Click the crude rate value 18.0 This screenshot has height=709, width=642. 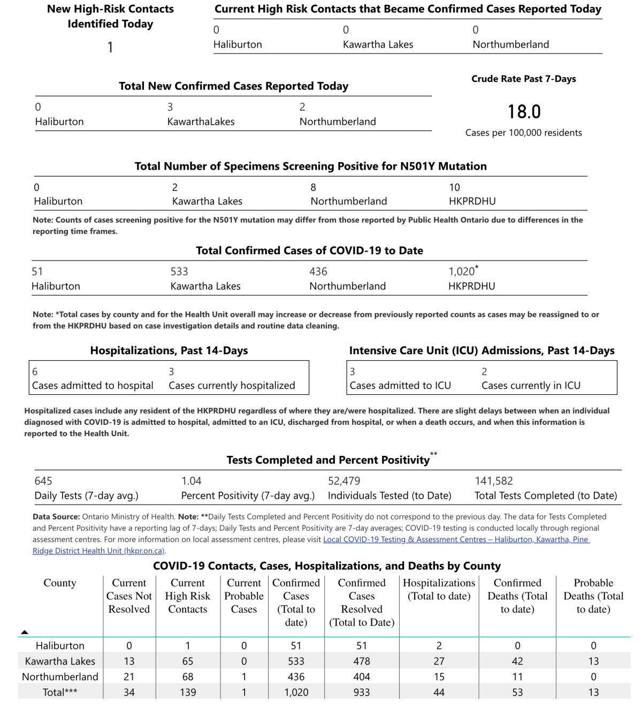(x=524, y=112)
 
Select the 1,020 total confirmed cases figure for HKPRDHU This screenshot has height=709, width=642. (x=462, y=272)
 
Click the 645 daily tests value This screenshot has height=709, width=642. (x=43, y=481)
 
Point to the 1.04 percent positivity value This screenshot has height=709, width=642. (x=191, y=481)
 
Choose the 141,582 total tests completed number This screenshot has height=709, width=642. (x=493, y=481)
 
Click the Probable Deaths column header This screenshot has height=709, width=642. (x=593, y=596)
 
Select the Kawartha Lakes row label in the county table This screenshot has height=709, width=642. (x=60, y=661)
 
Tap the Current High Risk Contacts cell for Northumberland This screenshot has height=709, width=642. (x=187, y=677)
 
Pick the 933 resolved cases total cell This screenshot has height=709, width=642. (x=361, y=692)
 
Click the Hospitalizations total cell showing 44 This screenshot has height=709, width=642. (x=439, y=692)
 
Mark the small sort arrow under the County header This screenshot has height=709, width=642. (x=25, y=632)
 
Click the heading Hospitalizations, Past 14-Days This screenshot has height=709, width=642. (x=169, y=350)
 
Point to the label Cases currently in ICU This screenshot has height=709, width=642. (x=531, y=385)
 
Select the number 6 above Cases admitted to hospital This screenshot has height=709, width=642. (x=35, y=371)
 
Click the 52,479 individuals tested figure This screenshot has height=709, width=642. (x=344, y=481)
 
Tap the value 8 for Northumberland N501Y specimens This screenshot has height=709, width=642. (x=313, y=187)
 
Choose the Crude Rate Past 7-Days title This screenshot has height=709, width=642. (x=523, y=79)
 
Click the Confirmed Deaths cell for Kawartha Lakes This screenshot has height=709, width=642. (x=517, y=661)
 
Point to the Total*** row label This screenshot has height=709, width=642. (x=60, y=692)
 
